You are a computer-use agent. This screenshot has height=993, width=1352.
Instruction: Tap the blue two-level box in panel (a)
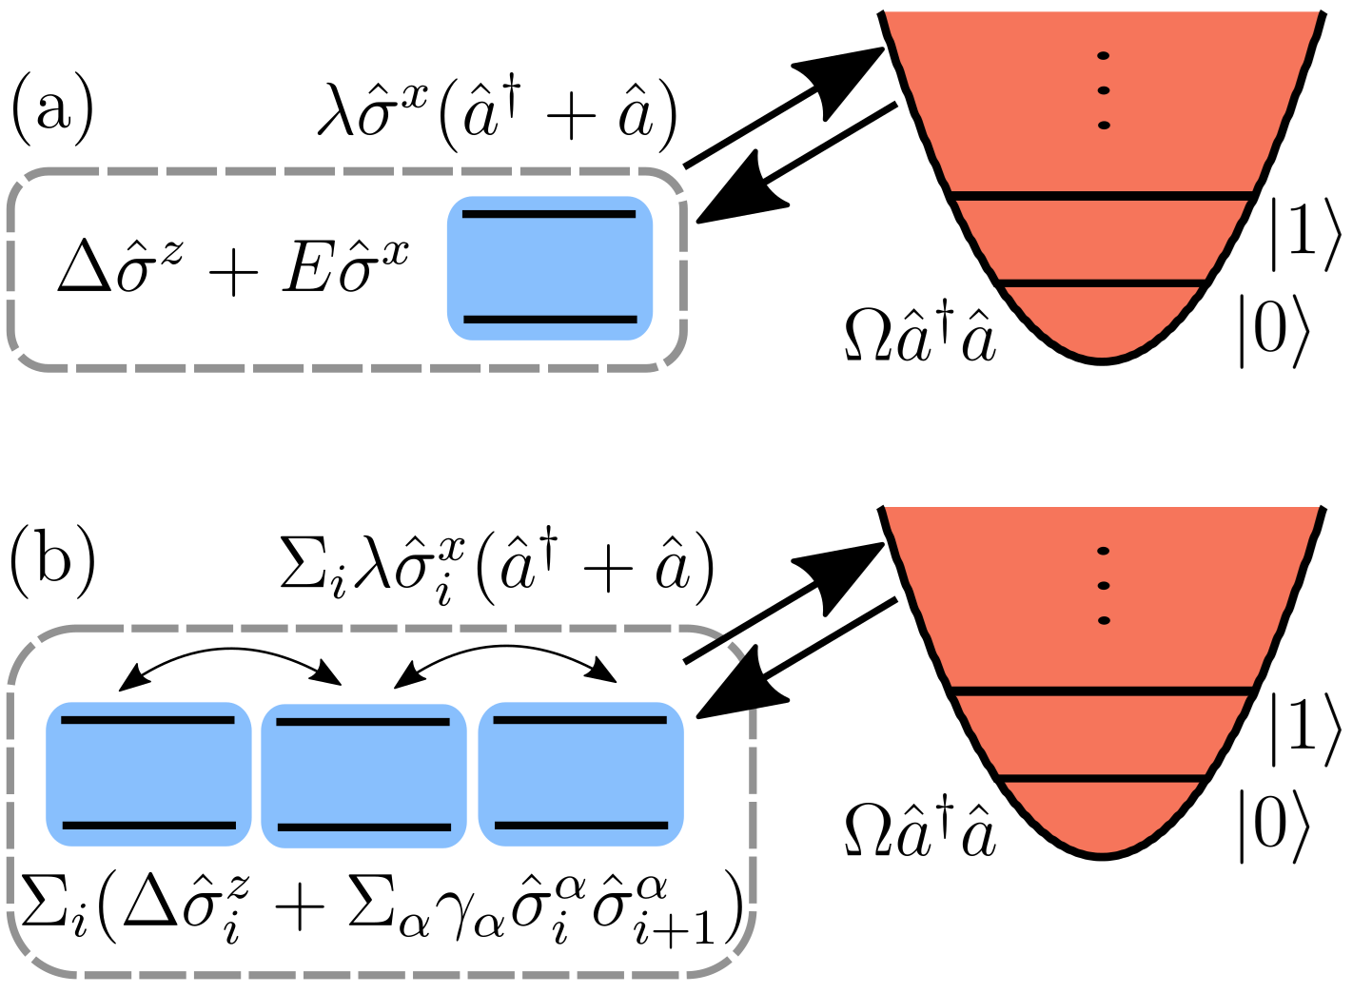point(550,267)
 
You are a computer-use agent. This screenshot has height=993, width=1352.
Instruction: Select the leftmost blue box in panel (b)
point(148,773)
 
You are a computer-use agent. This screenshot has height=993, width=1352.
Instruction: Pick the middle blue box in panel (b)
point(363,775)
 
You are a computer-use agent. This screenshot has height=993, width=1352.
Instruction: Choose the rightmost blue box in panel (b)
point(580,773)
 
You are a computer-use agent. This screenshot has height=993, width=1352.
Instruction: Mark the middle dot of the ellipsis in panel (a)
point(1104,90)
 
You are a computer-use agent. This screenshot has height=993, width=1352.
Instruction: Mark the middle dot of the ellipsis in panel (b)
point(1104,586)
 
